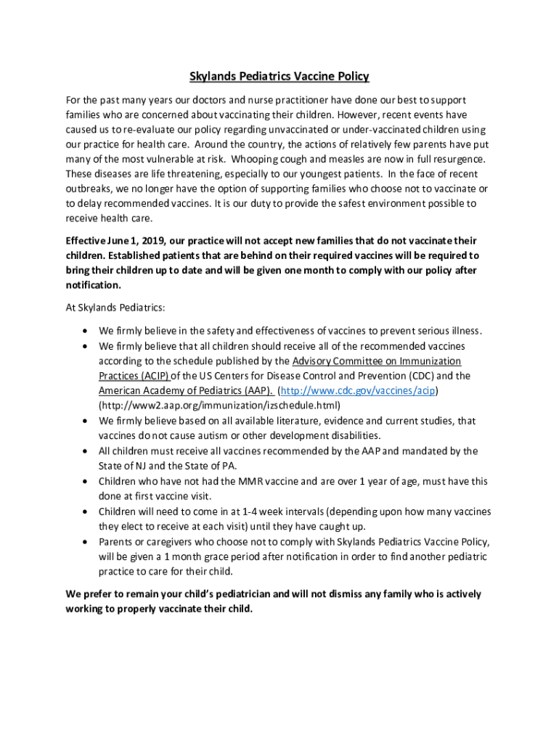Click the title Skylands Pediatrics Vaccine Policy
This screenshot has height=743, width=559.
[279, 76]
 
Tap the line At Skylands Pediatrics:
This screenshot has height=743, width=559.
[115, 307]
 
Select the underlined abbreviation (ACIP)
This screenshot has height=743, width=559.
[155, 376]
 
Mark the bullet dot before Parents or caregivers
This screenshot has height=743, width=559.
[86, 542]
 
